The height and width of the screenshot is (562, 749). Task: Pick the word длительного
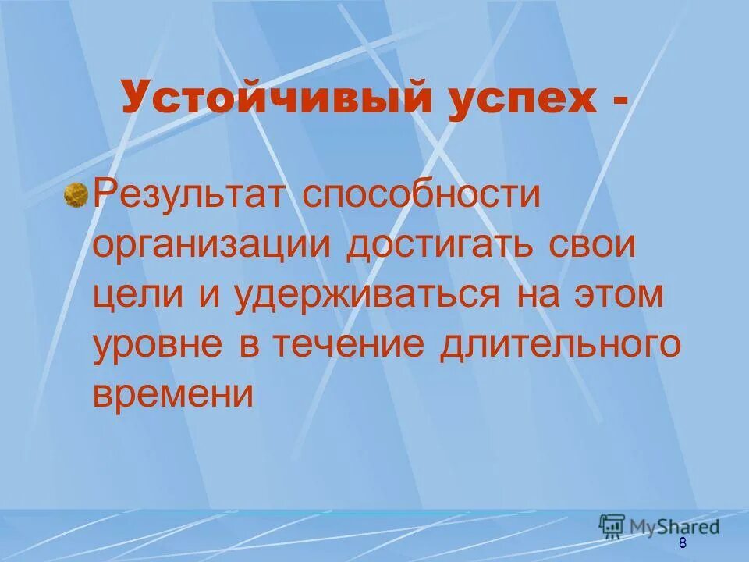coord(560,345)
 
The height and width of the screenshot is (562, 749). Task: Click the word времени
coord(173,394)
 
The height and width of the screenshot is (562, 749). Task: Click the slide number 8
coord(683,544)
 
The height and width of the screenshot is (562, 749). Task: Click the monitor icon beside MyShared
coord(612,525)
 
